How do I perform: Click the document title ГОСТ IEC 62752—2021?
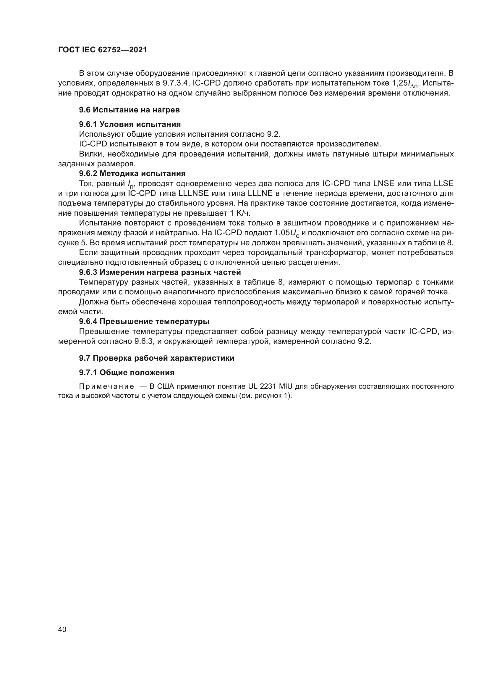(102, 50)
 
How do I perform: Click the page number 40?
(62, 629)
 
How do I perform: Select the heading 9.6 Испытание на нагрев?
(129, 110)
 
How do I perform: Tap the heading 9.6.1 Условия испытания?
(130, 124)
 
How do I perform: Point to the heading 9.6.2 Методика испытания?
(132, 174)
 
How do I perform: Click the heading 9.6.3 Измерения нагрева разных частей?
(160, 272)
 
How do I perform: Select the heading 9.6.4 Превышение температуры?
(144, 322)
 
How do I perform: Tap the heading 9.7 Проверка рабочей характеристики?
(157, 358)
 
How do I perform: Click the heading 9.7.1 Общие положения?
(127, 373)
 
